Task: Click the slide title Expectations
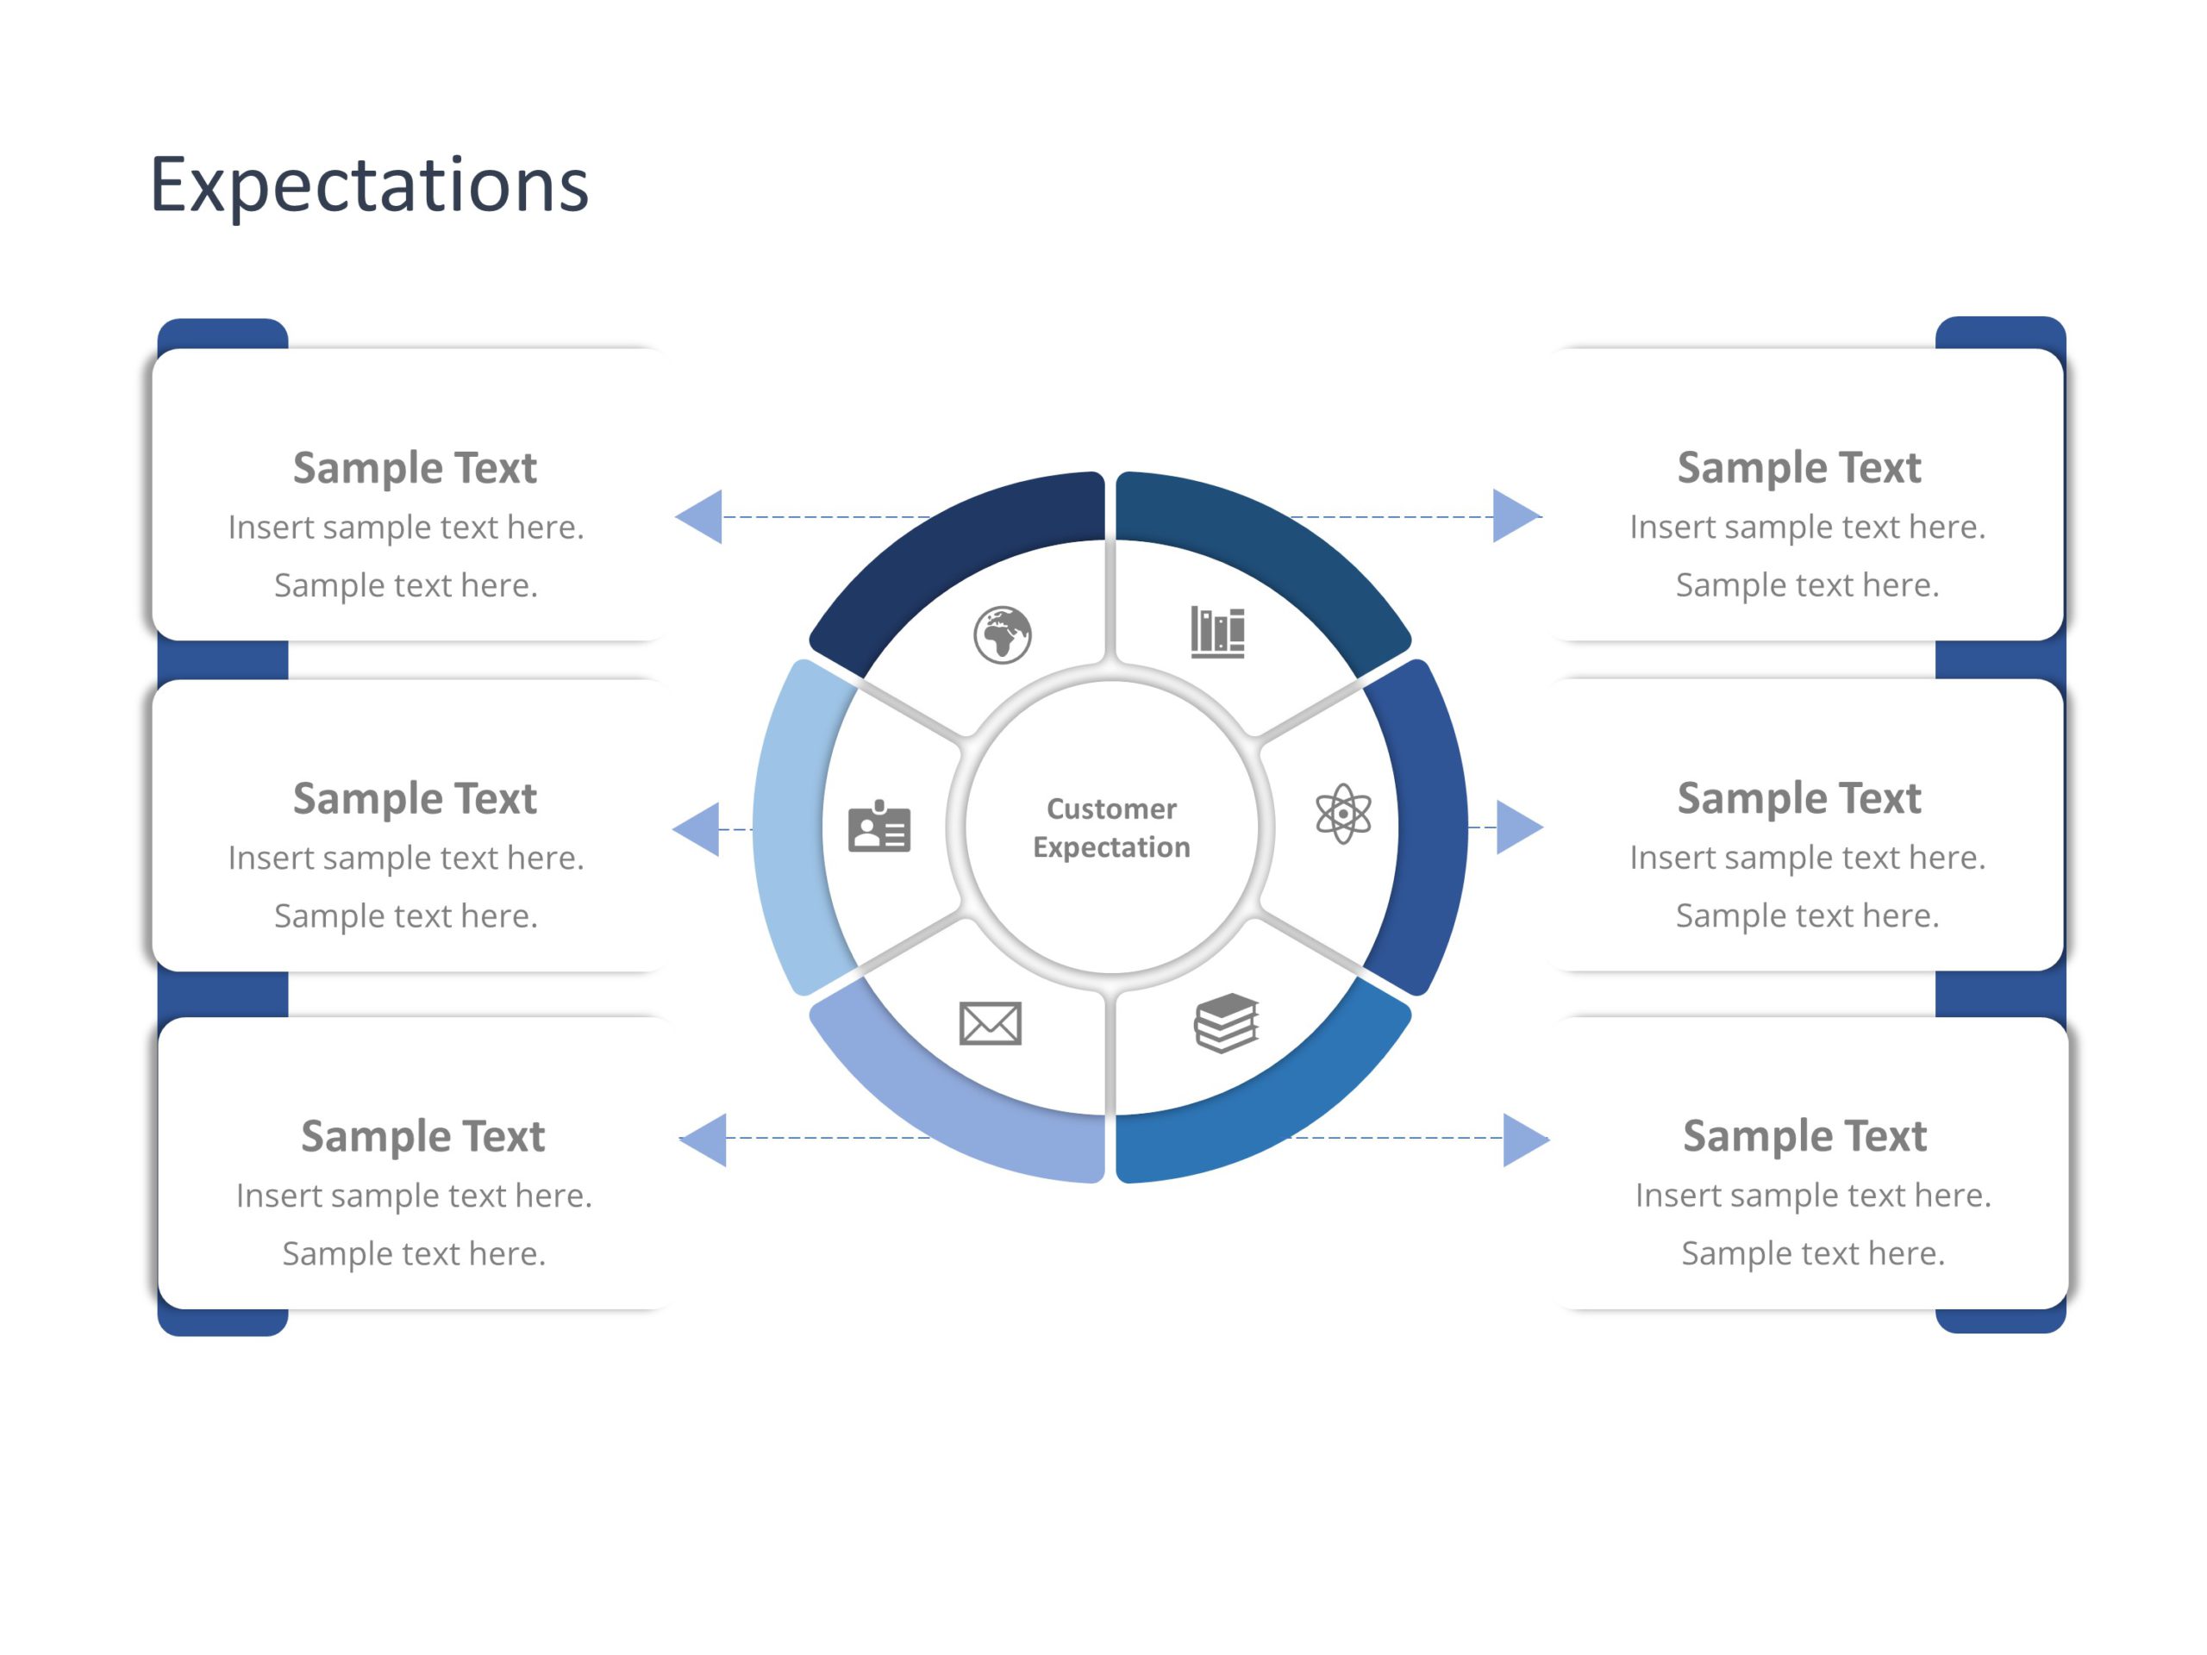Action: click(369, 185)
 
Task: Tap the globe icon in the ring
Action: click(1002, 634)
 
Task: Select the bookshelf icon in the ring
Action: click(1217, 632)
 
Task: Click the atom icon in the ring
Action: click(1343, 814)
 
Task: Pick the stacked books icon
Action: click(1226, 1022)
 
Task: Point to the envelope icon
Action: click(990, 1023)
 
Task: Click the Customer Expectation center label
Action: click(1111, 828)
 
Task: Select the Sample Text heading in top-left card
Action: click(415, 468)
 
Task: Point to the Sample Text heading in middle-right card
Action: click(1799, 798)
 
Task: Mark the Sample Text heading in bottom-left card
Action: click(423, 1136)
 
